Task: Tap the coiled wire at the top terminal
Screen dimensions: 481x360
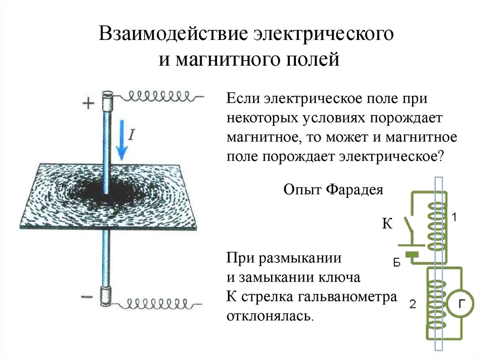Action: click(x=160, y=96)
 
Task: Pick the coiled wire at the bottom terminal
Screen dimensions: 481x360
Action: click(x=160, y=305)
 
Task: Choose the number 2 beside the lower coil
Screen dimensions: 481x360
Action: click(x=412, y=305)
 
